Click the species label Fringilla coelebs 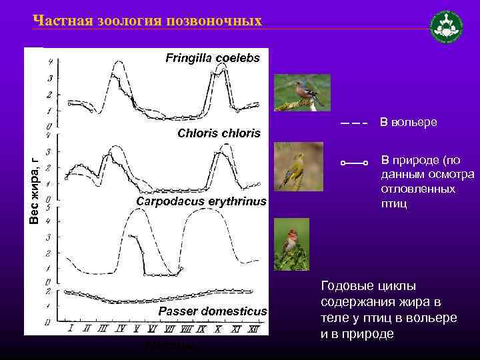213,58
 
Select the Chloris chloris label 219,133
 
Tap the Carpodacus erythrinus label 201,201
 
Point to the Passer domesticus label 212,311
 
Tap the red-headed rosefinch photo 291,244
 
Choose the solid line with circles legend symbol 353,162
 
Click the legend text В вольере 408,123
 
